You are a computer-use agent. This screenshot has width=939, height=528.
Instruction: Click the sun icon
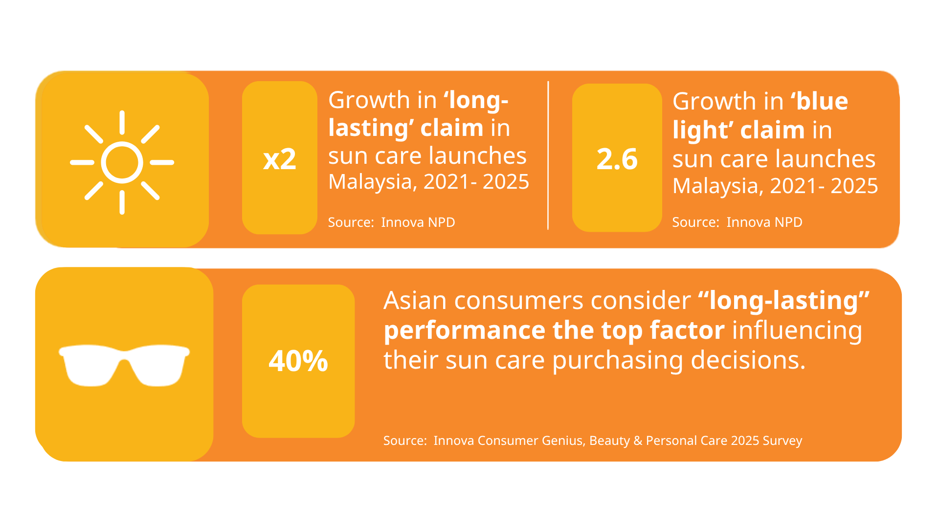click(x=122, y=162)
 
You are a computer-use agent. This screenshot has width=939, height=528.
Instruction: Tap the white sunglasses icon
click(x=124, y=365)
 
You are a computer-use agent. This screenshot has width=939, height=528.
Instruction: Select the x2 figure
click(x=280, y=159)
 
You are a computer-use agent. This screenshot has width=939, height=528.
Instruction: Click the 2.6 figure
click(x=617, y=159)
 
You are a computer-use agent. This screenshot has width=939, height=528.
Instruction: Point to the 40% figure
click(x=298, y=361)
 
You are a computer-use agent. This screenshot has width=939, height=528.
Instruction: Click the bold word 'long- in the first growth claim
click(x=476, y=100)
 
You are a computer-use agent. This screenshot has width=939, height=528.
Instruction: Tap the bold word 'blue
click(x=819, y=101)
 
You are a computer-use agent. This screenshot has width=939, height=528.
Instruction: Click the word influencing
click(x=797, y=330)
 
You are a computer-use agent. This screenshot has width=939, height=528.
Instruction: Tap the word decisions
click(x=748, y=360)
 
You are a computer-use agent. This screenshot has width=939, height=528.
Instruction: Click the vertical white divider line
click(x=548, y=155)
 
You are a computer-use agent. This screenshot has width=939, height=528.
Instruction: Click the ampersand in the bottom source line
click(x=638, y=440)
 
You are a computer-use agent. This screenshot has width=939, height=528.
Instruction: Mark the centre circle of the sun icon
click(x=122, y=162)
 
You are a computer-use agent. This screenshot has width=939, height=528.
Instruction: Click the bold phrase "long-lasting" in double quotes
click(x=784, y=301)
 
